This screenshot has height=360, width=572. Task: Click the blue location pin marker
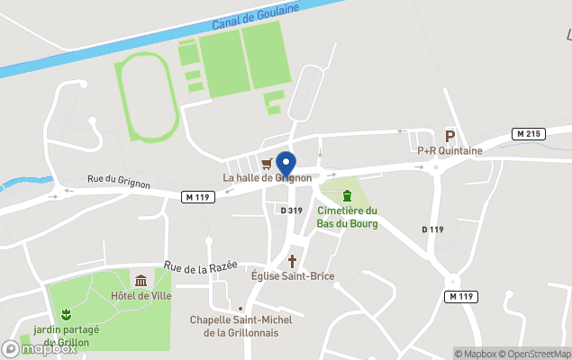click(286, 163)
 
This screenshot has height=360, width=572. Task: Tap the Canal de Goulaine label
click(251, 14)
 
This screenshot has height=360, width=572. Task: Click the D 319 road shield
click(290, 210)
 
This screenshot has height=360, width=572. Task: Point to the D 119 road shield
click(432, 229)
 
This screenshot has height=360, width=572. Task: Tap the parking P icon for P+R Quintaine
click(449, 135)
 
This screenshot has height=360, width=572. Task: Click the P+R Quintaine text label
click(449, 151)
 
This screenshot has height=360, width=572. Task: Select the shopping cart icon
click(267, 164)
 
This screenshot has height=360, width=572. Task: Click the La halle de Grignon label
click(268, 178)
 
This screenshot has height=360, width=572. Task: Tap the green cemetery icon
click(347, 196)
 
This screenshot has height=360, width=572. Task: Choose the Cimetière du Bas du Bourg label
click(347, 217)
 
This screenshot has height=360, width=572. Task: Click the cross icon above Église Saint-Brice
click(292, 261)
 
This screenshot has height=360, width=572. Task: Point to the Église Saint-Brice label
click(292, 276)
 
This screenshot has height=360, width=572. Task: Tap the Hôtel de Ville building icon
click(141, 281)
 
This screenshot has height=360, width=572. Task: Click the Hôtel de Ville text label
click(141, 295)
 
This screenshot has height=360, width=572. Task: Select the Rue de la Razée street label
click(200, 266)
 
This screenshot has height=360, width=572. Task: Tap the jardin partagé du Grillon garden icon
click(66, 314)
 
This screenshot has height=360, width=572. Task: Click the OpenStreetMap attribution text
click(537, 354)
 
